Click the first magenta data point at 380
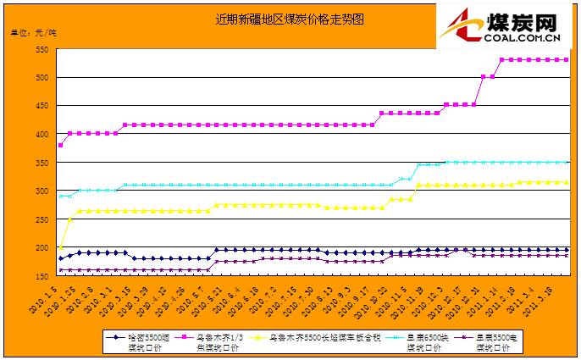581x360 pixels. click(x=61, y=145)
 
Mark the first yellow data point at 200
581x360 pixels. click(x=61, y=247)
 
